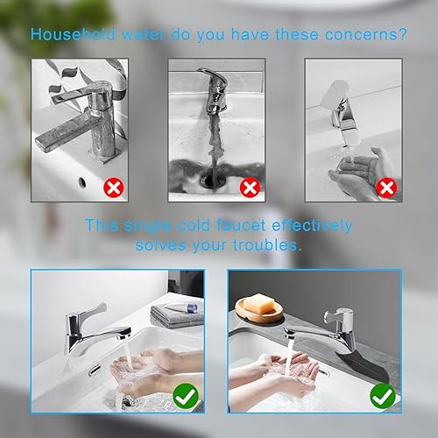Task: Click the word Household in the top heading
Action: pos(74,34)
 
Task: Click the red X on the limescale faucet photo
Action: pos(114,187)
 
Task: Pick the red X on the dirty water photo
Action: pos(250,187)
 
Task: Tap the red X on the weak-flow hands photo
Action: pos(386,187)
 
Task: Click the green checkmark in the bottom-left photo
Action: pos(186,396)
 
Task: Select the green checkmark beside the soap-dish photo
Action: pos(383,396)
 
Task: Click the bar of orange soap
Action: pos(259,305)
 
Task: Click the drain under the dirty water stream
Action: pos(215,178)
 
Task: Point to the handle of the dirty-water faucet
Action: pos(213,76)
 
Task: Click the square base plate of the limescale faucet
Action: pos(106,154)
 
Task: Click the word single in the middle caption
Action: pos(148,226)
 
